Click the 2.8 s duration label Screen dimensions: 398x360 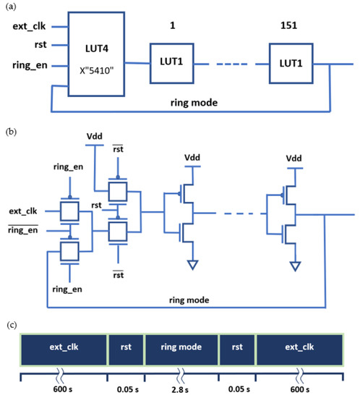pos(181,389)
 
